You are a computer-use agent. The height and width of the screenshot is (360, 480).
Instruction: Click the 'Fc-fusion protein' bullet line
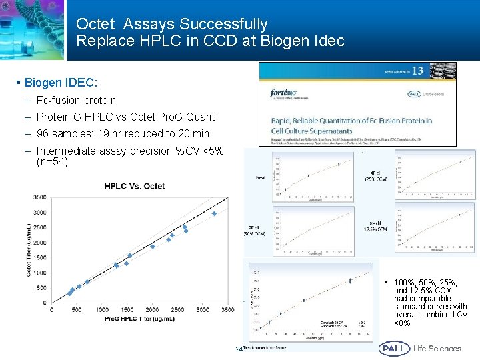76,101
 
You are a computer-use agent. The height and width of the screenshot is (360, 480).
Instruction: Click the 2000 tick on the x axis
153,310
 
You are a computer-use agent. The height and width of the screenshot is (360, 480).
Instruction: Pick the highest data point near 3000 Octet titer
214,213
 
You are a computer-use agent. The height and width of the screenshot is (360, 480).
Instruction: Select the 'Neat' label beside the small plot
261,177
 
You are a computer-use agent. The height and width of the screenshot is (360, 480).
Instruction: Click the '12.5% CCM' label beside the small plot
379,230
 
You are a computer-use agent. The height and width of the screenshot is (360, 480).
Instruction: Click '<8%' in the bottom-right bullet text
402,323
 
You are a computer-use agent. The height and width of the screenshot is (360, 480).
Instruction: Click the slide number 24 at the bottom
239,349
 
